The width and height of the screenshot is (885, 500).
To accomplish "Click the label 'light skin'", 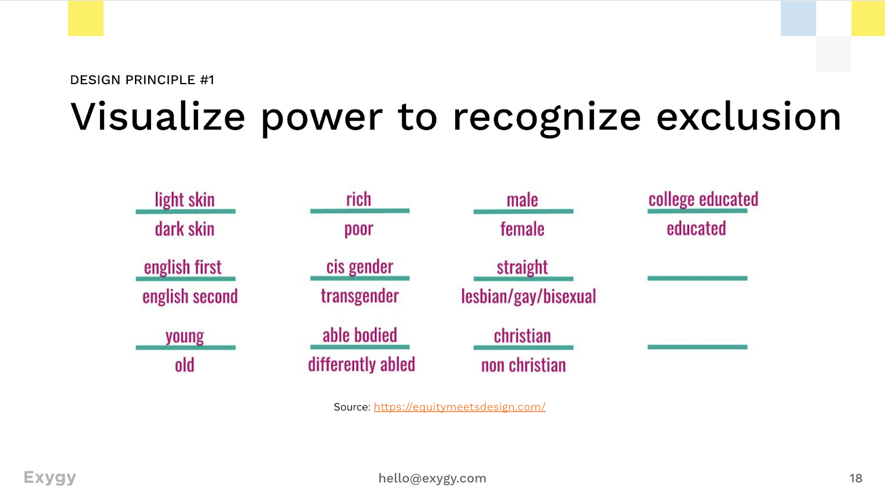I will (185, 199).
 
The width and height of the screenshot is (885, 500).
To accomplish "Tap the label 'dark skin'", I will (185, 229).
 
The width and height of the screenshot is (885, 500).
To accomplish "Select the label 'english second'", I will (190, 297).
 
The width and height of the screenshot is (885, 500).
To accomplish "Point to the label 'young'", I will (185, 336).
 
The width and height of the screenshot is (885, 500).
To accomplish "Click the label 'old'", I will (185, 365).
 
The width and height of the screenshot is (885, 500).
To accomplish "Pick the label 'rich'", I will (359, 199).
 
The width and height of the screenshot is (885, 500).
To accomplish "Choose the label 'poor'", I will (359, 229).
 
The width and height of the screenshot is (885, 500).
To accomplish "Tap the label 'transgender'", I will (360, 296).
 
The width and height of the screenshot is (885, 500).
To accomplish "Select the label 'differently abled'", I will (361, 364).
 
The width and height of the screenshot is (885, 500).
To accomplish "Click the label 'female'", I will (522, 229).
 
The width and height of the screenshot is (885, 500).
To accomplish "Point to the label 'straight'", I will (522, 267).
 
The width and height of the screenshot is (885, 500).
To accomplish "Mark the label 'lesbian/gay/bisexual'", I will (529, 297).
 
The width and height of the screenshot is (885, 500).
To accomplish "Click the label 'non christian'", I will (523, 365).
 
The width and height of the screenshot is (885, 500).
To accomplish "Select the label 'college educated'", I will (703, 199).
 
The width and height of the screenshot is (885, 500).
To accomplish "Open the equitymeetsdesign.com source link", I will (459, 407).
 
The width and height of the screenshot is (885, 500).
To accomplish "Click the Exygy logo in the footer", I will (50, 477).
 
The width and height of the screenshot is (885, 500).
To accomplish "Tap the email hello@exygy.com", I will (432, 478).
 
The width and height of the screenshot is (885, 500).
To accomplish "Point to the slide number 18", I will (856, 478).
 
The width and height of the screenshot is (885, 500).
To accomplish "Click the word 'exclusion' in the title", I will (748, 117).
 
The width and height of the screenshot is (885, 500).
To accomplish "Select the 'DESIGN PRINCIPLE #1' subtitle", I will (142, 80).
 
